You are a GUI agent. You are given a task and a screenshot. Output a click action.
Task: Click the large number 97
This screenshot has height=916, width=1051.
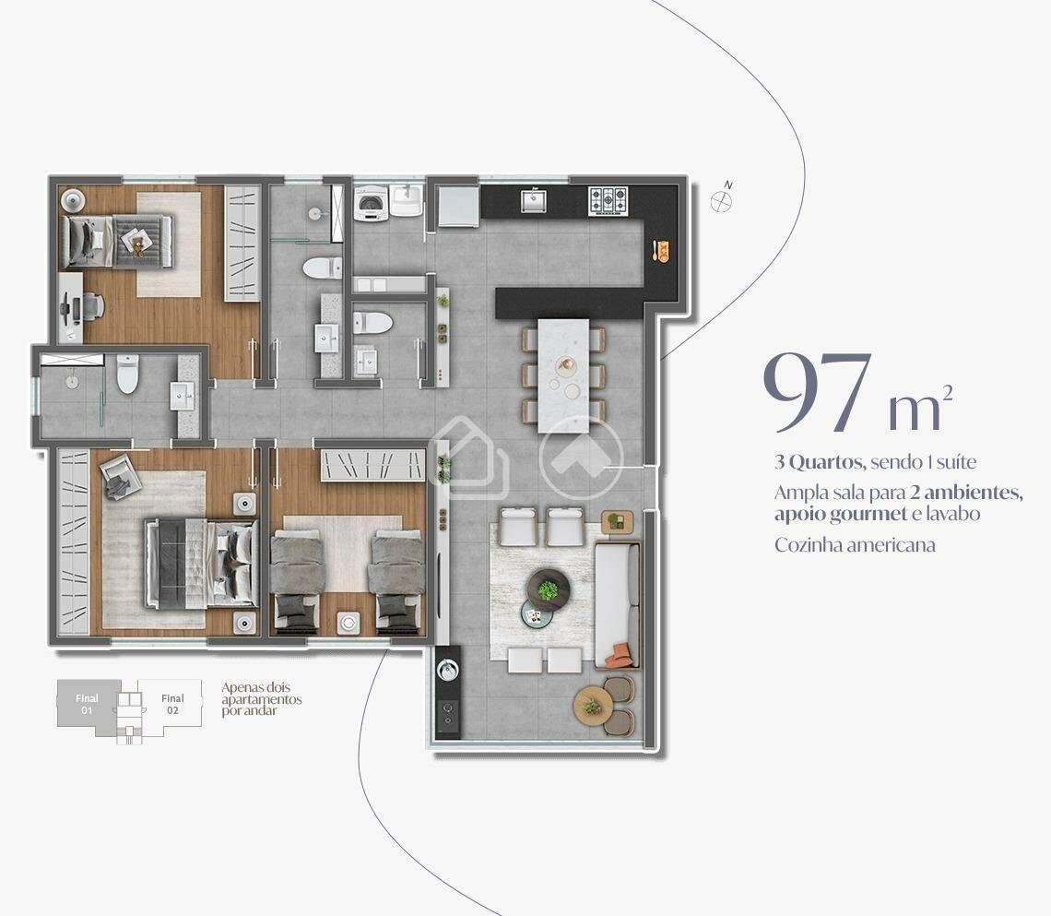pos(817,394)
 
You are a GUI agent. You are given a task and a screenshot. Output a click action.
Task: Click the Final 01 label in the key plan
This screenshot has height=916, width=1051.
pos(87,704)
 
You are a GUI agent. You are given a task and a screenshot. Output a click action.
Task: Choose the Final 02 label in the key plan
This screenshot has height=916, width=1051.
pos(172,704)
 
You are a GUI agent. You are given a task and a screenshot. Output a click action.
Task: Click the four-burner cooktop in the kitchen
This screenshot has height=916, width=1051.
pos(608,198)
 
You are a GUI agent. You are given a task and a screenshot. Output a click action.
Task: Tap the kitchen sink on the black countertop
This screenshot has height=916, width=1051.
pos(534,200)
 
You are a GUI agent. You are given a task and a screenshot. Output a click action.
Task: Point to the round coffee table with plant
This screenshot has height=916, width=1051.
pos(548,588)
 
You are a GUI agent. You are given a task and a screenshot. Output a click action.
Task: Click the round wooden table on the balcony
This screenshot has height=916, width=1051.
pos(593,706)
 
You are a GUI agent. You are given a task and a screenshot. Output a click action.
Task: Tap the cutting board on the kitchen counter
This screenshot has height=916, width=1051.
pos(661,250)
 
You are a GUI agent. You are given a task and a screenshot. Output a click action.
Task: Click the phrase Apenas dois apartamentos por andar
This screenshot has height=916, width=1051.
pos(261,699)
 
